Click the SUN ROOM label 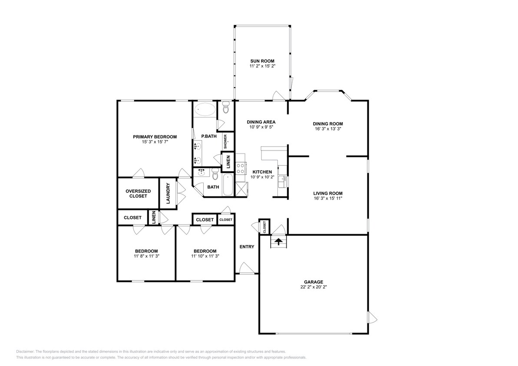(x=262, y=61)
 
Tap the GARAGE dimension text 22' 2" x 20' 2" (x=313, y=287)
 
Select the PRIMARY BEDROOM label (x=155, y=137)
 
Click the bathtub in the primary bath (x=205, y=109)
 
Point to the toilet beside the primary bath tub (x=226, y=107)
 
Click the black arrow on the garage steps (x=278, y=242)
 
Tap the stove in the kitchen (x=241, y=168)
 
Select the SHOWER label (x=226, y=141)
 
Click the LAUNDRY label (x=168, y=193)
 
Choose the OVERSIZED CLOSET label (x=138, y=193)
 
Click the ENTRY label (x=247, y=247)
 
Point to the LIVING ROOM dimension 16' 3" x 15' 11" (x=328, y=198)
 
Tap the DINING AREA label (x=261, y=122)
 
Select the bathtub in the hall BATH (x=228, y=185)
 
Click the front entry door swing (x=245, y=268)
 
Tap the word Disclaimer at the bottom (x=25, y=352)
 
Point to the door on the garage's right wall (x=372, y=317)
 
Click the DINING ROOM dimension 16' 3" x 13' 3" (x=328, y=129)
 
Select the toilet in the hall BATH (x=215, y=174)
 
